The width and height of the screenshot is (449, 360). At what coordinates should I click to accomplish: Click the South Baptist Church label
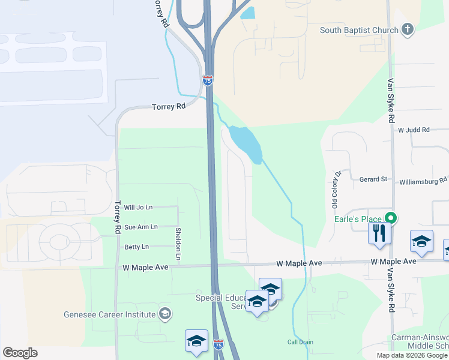coord(359,31)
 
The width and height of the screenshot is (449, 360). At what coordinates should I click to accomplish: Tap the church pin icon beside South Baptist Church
coord(408,30)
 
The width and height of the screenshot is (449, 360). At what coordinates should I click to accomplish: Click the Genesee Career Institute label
coord(110,314)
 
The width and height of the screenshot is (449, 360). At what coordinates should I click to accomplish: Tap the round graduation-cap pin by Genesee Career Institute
coord(165,314)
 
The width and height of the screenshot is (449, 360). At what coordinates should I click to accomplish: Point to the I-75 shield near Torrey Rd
coord(208,79)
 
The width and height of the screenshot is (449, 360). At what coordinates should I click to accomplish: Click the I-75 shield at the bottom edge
coord(218,346)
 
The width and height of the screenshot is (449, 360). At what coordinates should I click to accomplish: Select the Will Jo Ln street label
coord(138,207)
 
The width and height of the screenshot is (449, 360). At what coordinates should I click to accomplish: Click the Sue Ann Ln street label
coord(140,227)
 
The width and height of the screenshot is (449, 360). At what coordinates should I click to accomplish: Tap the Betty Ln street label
coord(136,247)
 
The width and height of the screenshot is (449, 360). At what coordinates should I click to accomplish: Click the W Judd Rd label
coord(414,130)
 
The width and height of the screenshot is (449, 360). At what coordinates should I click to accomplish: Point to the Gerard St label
coord(373,179)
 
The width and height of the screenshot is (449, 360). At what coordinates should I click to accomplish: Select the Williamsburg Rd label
coord(423,179)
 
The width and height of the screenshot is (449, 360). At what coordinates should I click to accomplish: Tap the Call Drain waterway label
coord(300,342)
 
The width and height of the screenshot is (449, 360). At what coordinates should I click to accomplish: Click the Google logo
coord(20,353)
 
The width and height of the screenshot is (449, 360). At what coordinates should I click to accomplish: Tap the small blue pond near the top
coord(248,13)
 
